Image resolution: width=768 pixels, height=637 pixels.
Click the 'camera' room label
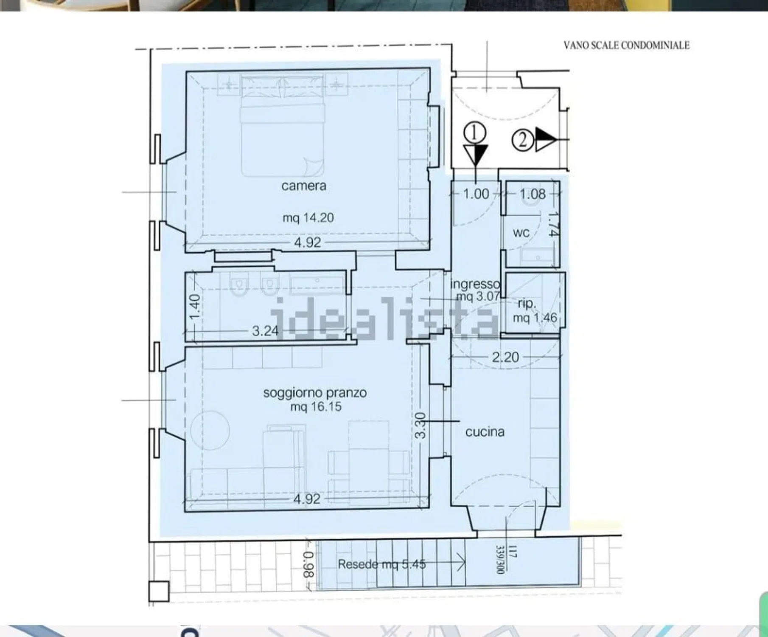click(304, 186)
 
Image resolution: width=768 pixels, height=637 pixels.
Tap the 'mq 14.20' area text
click(308, 218)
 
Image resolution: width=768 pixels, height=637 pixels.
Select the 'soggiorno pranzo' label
click(315, 393)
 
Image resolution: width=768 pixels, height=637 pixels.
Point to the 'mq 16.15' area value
click(316, 407)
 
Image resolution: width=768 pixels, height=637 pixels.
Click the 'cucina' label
click(485, 432)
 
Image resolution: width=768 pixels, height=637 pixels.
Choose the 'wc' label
click(521, 233)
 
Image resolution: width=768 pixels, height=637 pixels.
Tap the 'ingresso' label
click(475, 284)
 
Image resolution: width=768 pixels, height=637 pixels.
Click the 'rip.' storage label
click(527, 304)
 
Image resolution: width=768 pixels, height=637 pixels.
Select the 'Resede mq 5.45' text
click(382, 564)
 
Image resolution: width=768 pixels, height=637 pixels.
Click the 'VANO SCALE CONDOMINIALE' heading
click(626, 45)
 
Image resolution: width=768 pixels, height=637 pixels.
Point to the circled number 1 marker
click(474, 133)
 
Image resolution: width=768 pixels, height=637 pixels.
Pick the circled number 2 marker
click(522, 139)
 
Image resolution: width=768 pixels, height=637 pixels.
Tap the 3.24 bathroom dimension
click(265, 331)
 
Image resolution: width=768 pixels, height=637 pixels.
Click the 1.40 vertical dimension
click(194, 307)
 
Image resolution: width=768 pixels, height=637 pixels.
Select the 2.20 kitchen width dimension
click(505, 357)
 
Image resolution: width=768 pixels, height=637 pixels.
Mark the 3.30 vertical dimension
click(420, 425)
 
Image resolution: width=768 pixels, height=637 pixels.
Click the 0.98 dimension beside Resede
click(309, 565)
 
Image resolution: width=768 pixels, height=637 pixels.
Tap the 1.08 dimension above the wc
click(533, 194)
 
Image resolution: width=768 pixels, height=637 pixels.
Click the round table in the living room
click(210, 431)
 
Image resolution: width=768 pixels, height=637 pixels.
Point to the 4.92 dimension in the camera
click(308, 242)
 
